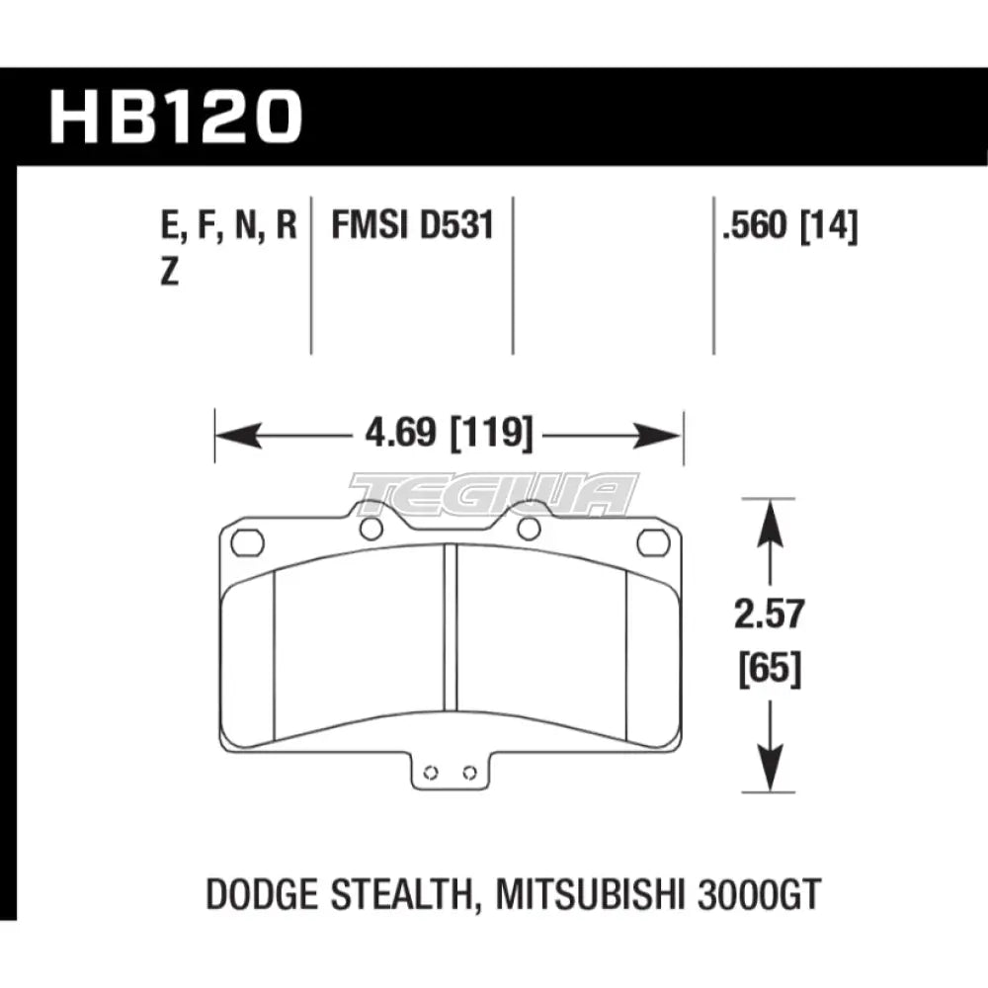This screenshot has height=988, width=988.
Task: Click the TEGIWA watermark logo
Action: [x=494, y=493]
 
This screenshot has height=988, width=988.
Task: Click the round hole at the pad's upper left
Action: [x=370, y=530]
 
